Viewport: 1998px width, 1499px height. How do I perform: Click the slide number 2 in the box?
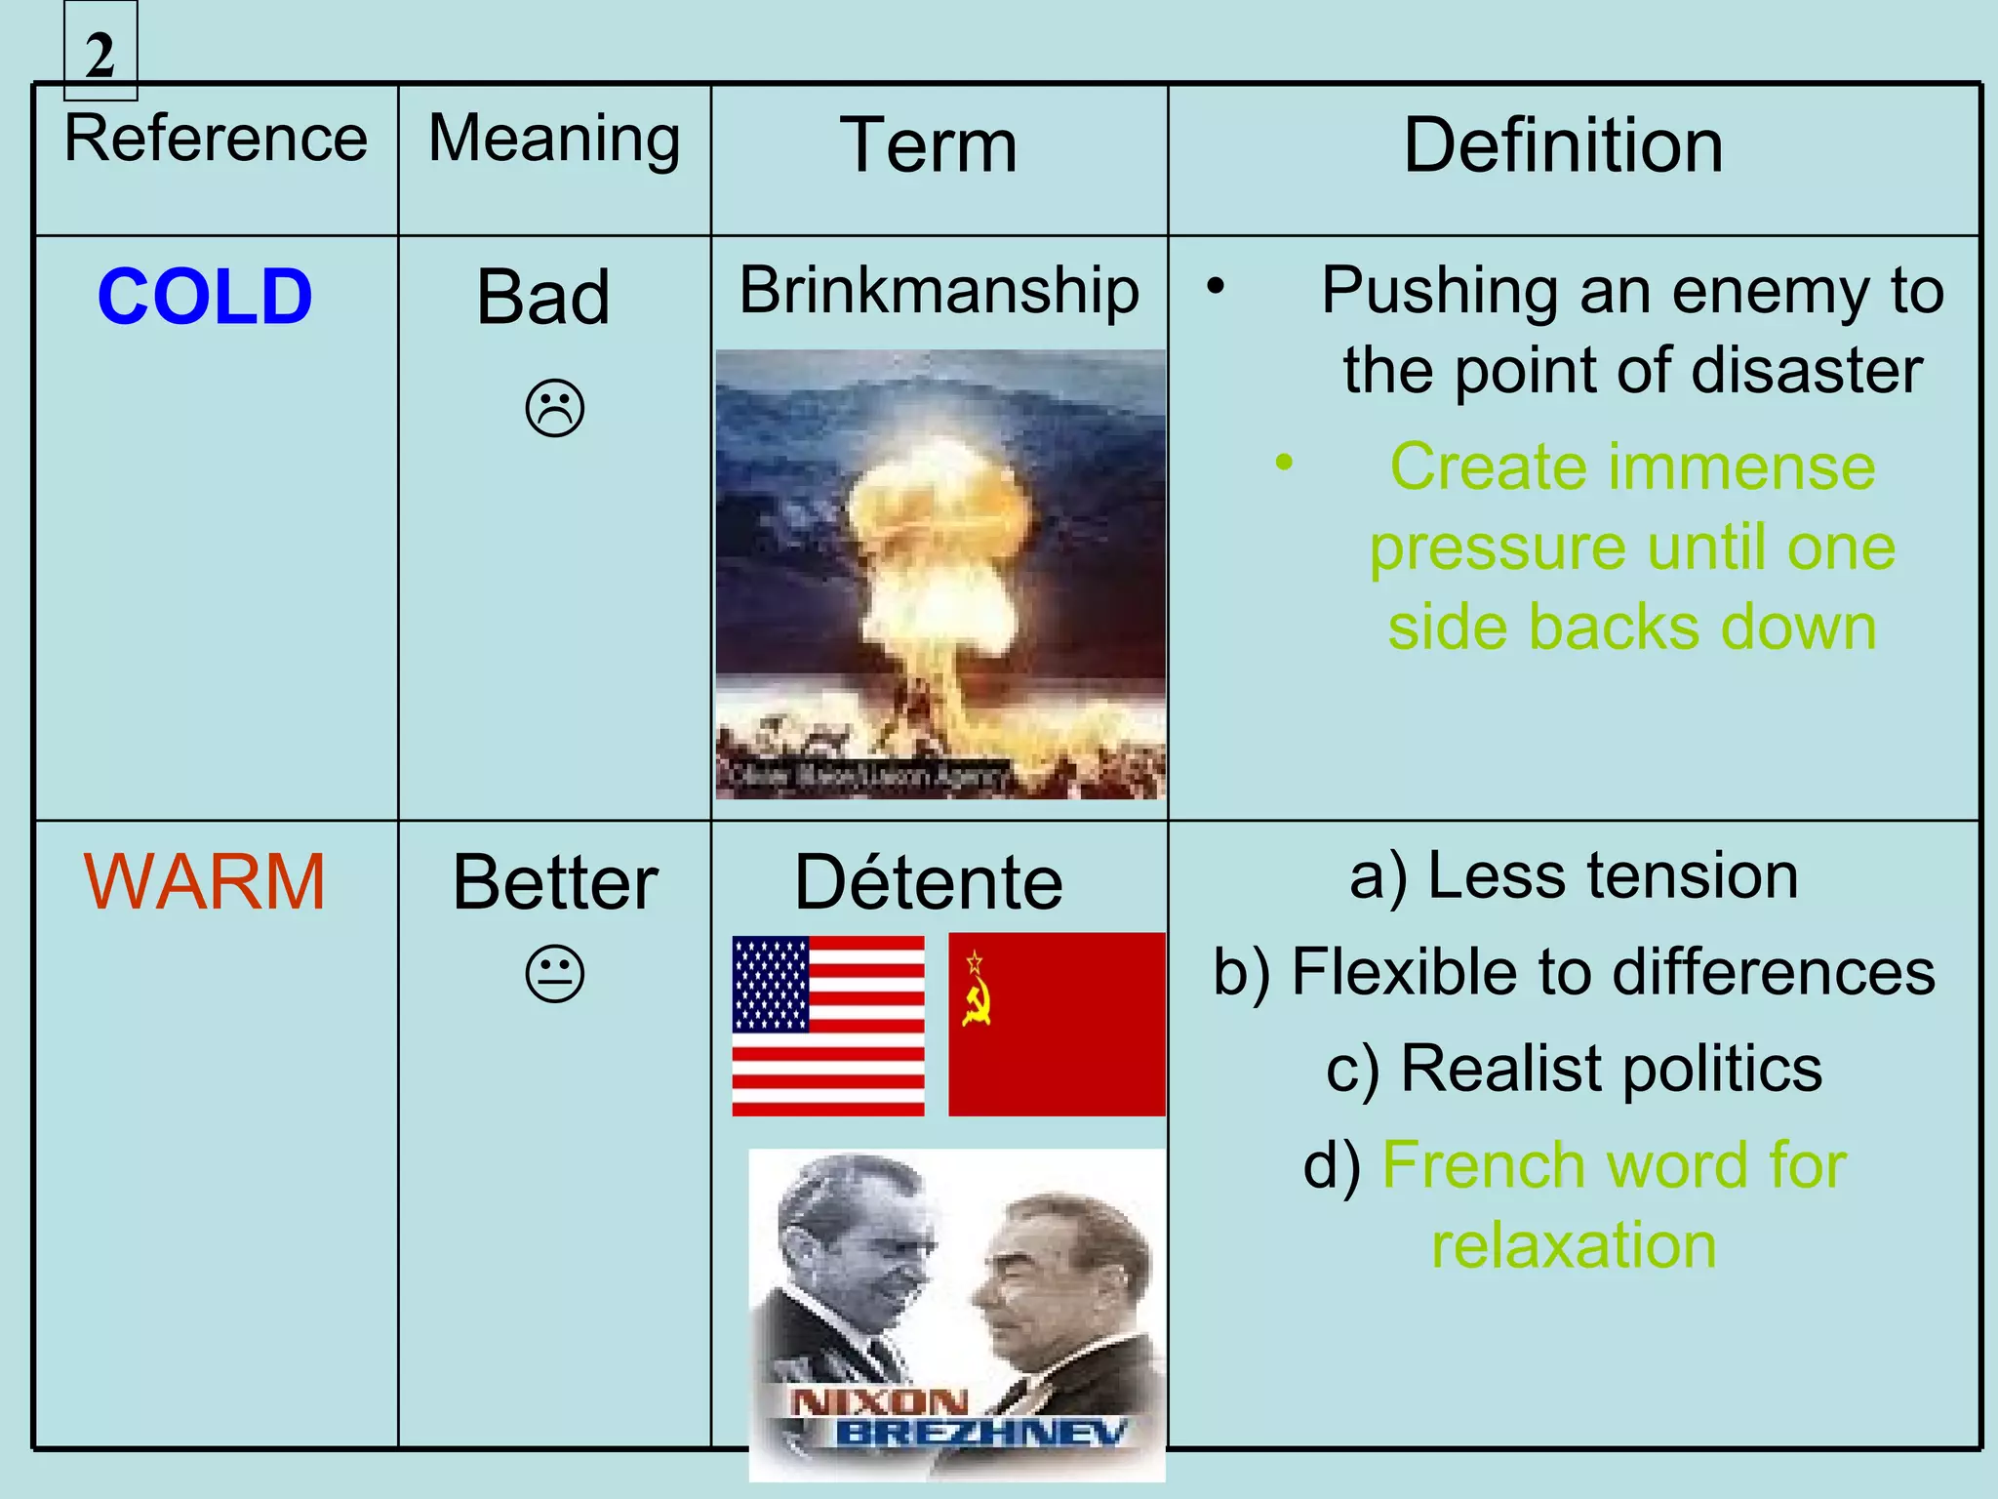(x=100, y=55)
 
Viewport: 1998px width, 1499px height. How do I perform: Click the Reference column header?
(x=216, y=139)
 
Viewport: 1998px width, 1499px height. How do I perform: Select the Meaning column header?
(x=554, y=139)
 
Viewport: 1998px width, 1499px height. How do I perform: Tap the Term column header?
(x=929, y=146)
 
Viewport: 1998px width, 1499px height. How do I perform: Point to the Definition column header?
(x=1563, y=146)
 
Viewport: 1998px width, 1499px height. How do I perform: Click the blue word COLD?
(x=205, y=297)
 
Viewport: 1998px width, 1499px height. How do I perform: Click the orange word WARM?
(x=204, y=882)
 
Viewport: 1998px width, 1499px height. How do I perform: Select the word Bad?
(x=542, y=297)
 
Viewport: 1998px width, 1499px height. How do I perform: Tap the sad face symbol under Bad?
(x=554, y=408)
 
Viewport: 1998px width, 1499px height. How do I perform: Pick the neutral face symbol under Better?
(x=554, y=974)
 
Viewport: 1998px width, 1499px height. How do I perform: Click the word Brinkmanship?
(x=939, y=291)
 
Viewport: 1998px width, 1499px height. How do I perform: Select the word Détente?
(x=929, y=882)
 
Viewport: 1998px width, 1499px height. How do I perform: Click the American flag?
(x=827, y=1025)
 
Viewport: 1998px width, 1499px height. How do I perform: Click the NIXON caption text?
(x=879, y=1402)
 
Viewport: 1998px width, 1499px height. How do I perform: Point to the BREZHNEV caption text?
(x=980, y=1433)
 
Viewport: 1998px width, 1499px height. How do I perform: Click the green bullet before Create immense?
(x=1284, y=462)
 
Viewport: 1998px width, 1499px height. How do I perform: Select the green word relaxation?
(x=1574, y=1245)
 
